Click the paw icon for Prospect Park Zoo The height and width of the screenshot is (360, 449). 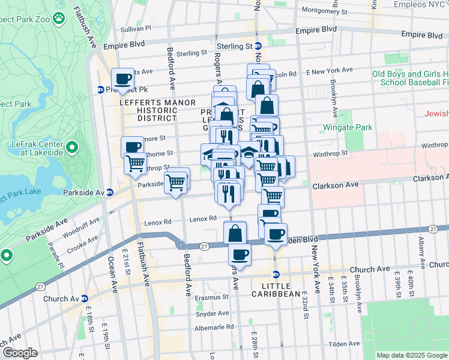click(58, 19)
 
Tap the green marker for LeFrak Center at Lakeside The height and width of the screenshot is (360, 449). click(71, 147)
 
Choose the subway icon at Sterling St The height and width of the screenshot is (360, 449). click(258, 46)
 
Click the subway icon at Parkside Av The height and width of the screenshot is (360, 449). click(110, 193)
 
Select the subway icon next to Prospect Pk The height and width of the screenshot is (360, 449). click(101, 90)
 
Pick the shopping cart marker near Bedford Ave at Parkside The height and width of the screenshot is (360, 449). click(176, 181)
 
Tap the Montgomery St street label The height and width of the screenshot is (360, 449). click(325, 10)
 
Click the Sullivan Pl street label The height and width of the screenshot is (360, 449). click(136, 28)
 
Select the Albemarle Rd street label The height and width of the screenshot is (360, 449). click(214, 328)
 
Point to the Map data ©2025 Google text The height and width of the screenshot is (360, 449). click(412, 355)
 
